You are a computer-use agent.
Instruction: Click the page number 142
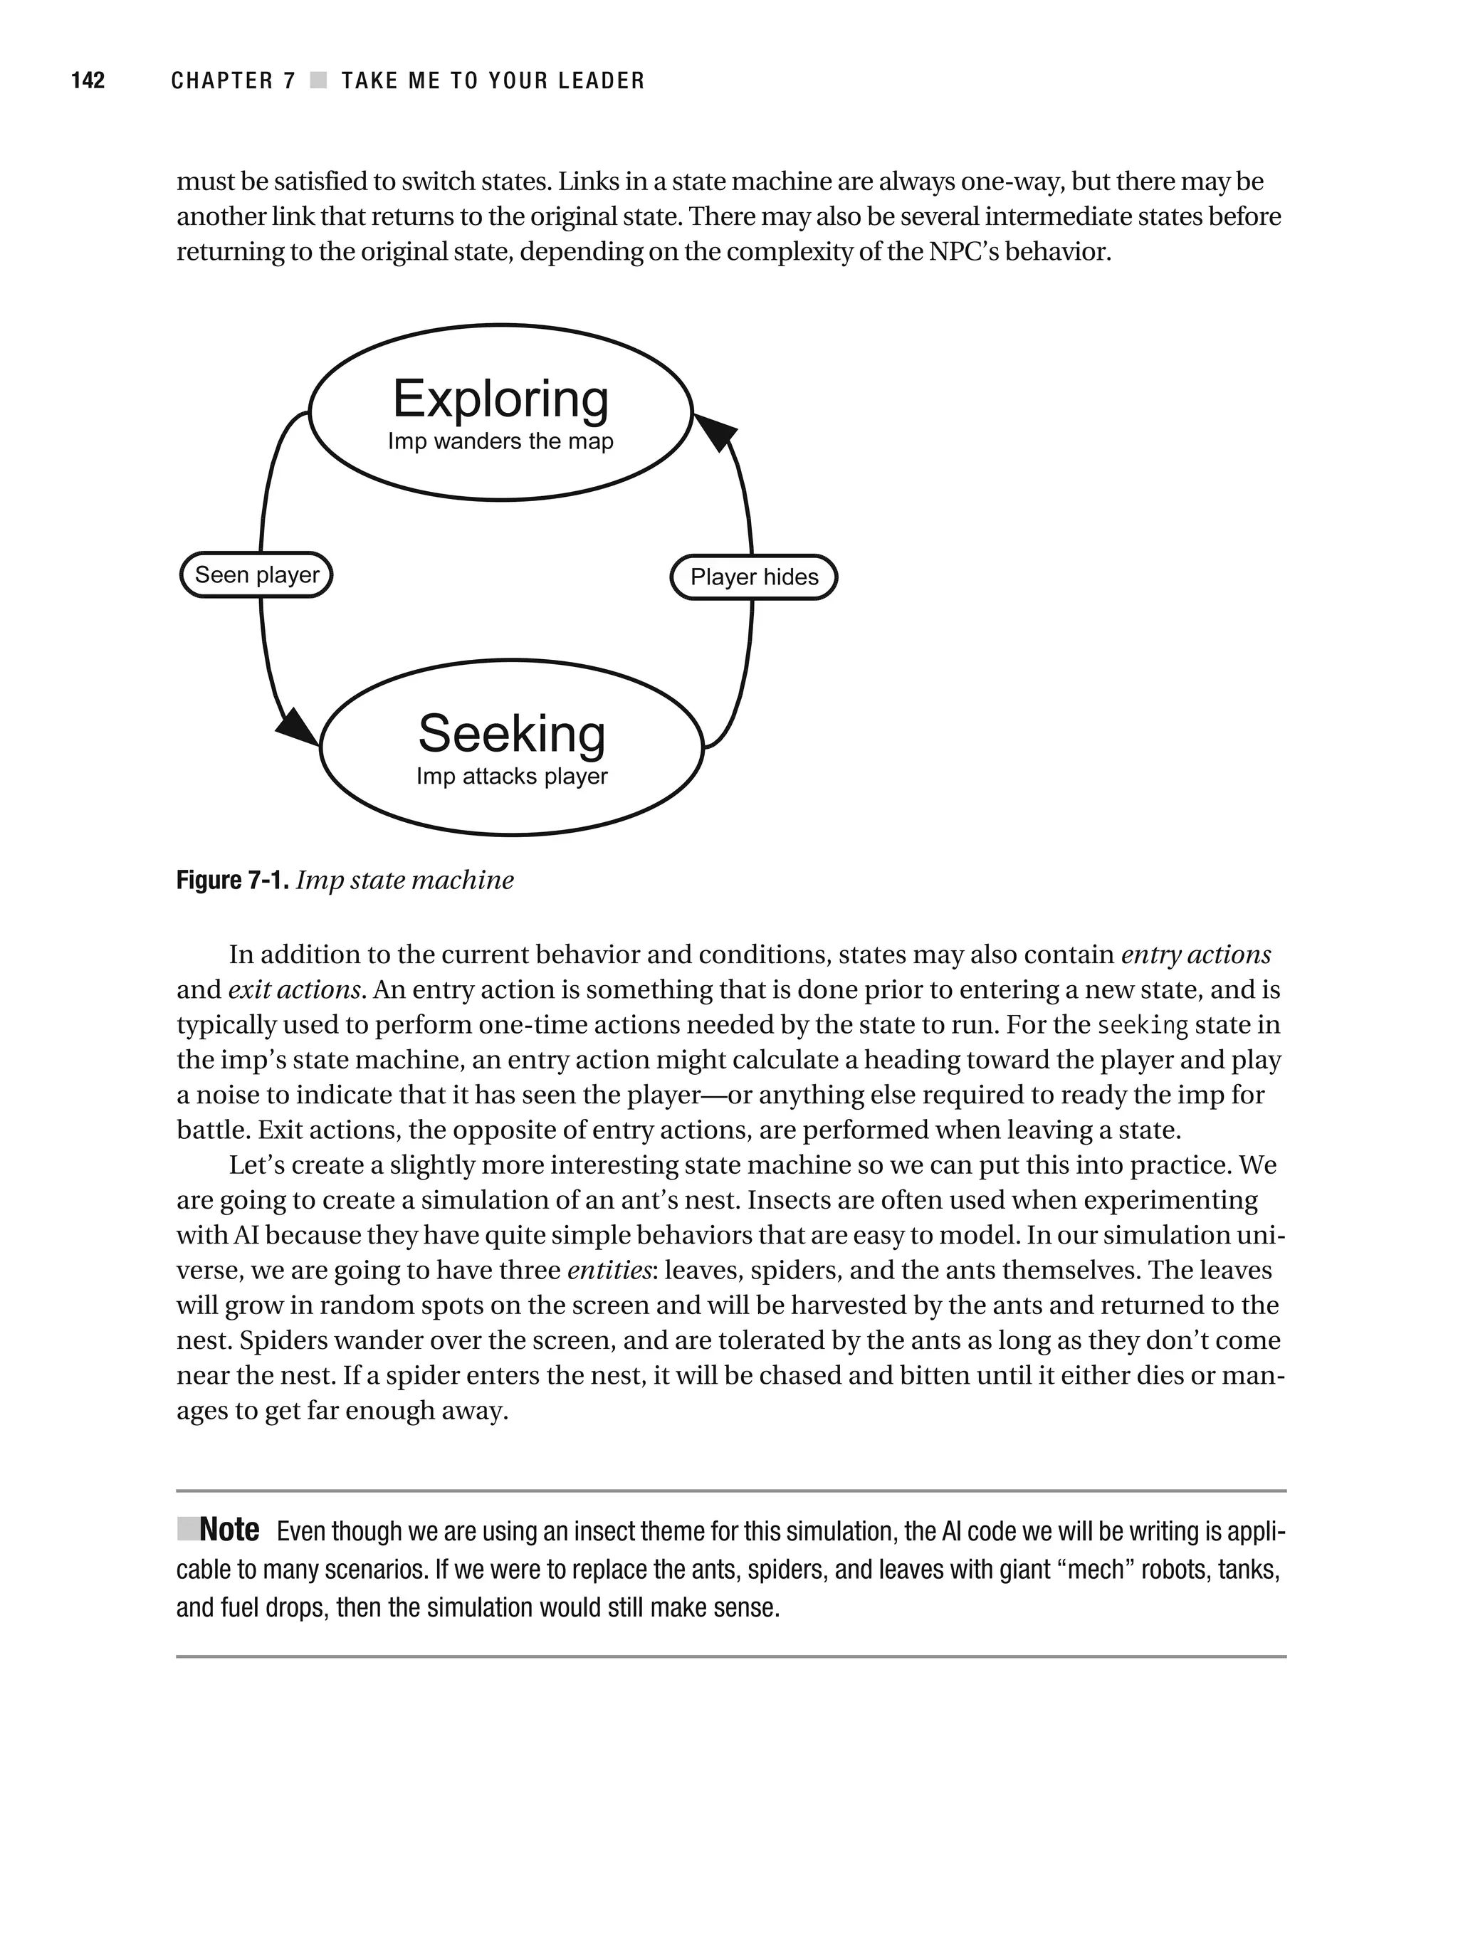[x=88, y=80]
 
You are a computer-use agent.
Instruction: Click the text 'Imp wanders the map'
[x=500, y=441]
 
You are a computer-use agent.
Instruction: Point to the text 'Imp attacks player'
[x=512, y=777]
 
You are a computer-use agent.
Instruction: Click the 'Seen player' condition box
[x=256, y=574]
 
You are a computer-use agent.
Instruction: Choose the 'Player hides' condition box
[x=754, y=577]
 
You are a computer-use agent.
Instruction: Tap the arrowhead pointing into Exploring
[x=716, y=431]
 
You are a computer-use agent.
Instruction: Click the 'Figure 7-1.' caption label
[x=232, y=880]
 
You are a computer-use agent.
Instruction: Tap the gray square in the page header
[x=318, y=80]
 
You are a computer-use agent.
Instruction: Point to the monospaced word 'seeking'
[x=1142, y=1026]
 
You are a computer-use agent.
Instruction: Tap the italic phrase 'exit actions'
[x=295, y=989]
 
